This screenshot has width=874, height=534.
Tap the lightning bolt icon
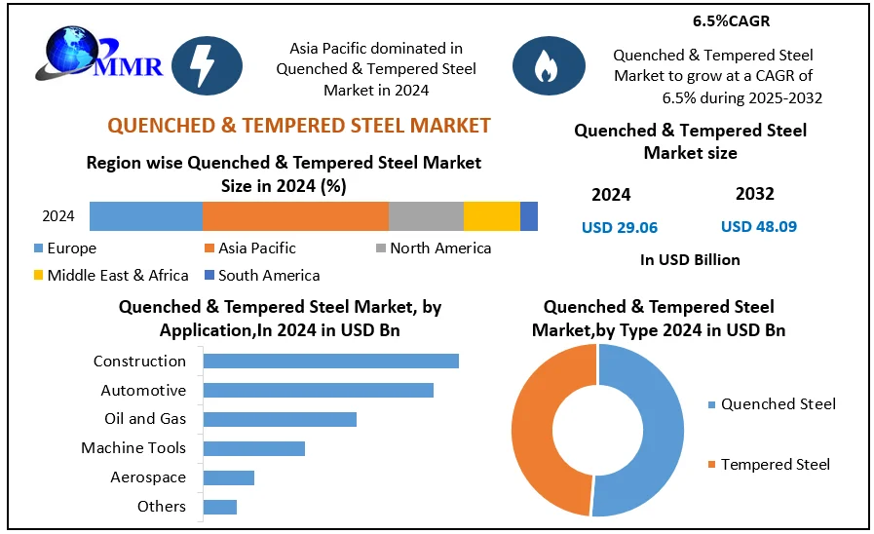[207, 65]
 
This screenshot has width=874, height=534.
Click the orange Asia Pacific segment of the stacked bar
[295, 216]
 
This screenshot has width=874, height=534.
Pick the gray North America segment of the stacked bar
[426, 216]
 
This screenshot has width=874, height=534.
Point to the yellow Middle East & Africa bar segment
[492, 216]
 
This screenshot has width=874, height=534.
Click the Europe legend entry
[65, 248]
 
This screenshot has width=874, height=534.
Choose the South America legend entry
[262, 275]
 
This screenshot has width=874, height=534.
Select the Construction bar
[331, 361]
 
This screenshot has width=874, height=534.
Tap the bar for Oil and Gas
[280, 419]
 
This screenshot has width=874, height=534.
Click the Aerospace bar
[229, 477]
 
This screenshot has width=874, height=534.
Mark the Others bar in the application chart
[220, 507]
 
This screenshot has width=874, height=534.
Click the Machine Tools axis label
[133, 448]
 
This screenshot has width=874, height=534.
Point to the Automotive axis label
[143, 390]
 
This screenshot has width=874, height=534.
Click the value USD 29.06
[620, 227]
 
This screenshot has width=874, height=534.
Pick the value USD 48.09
[759, 227]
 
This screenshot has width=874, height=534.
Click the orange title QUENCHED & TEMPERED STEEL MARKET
[299, 125]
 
